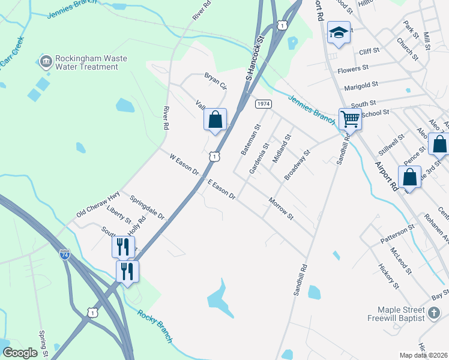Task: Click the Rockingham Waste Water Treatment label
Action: pos(86,63)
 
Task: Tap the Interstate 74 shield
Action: pos(65,254)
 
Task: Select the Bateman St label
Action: pos(251,140)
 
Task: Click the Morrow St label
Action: pos(280,208)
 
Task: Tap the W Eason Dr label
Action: pos(184,164)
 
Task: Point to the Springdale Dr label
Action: pos(147,206)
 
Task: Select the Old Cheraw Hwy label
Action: pos(98,205)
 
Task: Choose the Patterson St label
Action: pos(397,235)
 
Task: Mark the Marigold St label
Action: pos(361,87)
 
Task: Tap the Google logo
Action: pos(20,353)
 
